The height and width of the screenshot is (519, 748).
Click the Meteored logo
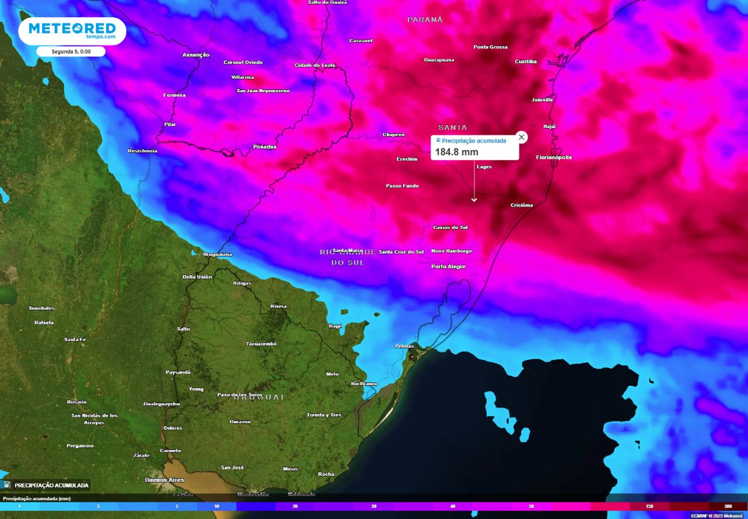72,30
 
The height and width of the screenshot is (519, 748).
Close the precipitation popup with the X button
522,137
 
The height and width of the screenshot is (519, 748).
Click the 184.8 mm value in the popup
456,152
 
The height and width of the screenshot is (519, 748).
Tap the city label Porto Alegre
448,267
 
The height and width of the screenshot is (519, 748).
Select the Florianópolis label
554,157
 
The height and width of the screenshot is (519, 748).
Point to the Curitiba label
525,61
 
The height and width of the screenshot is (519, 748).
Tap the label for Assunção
196,55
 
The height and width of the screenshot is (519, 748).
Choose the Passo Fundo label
402,186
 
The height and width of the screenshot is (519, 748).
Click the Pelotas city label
404,346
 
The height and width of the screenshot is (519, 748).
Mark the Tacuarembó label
261,344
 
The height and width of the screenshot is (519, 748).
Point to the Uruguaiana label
217,254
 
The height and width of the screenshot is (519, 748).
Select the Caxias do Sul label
450,227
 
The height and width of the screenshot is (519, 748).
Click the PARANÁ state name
425,20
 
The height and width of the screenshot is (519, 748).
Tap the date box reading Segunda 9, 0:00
71,51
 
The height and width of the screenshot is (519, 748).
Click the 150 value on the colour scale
649,506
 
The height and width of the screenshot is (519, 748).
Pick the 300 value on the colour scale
728,506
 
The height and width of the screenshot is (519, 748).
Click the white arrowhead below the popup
474,200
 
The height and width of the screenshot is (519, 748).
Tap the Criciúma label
521,205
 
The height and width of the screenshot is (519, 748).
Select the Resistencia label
143,151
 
